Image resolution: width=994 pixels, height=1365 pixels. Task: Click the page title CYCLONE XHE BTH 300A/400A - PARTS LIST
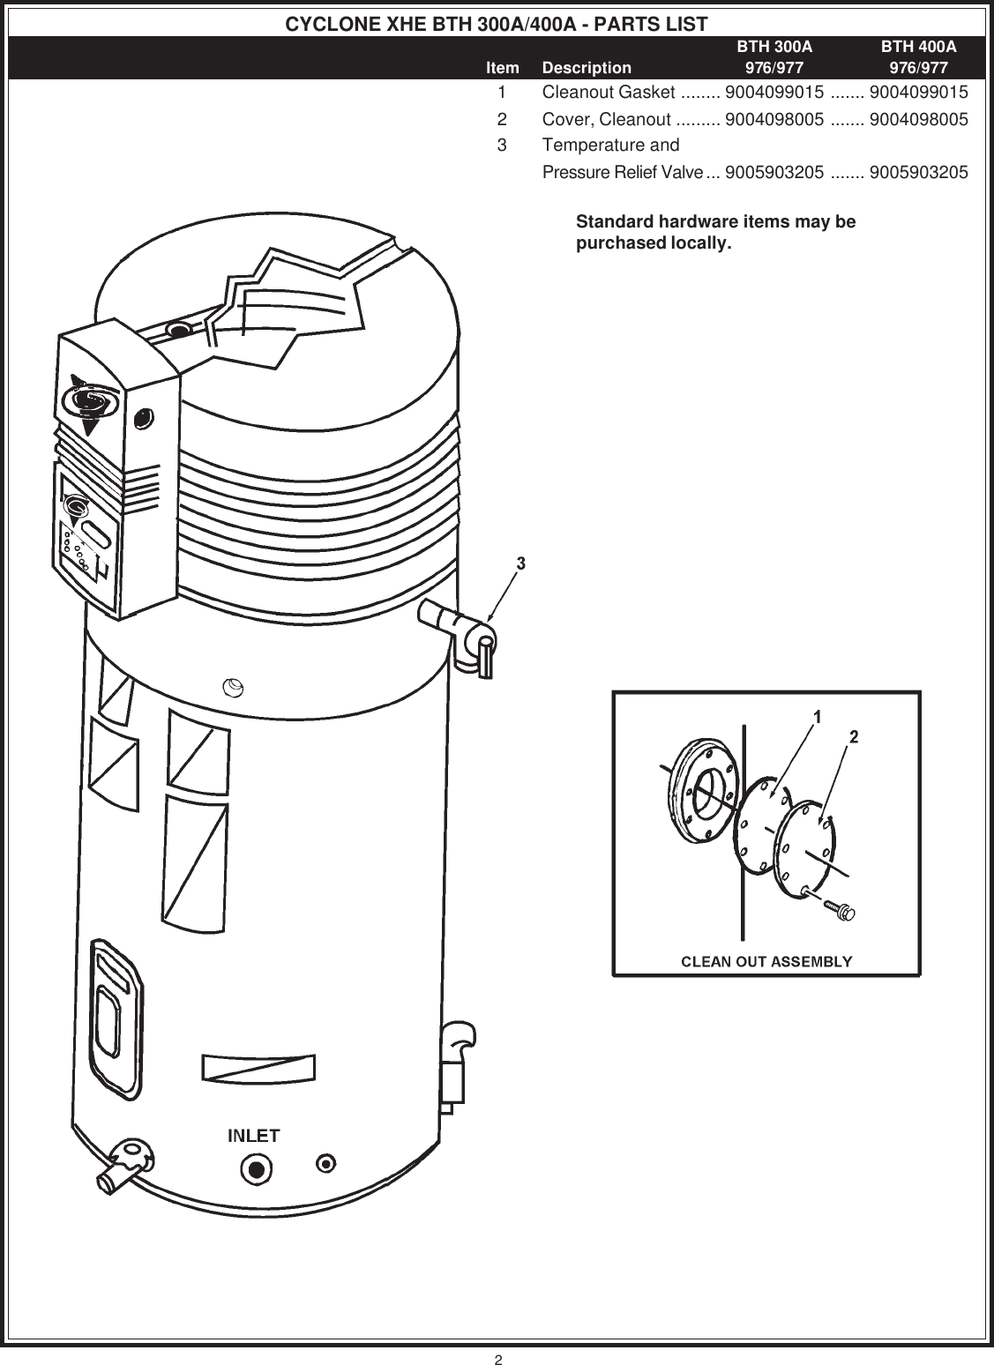tap(497, 24)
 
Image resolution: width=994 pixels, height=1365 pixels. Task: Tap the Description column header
tap(587, 68)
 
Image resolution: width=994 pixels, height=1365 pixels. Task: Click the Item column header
tap(503, 68)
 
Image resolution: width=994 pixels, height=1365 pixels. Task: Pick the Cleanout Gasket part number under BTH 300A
tap(774, 93)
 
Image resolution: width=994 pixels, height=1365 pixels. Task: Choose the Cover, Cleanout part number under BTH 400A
tap(918, 119)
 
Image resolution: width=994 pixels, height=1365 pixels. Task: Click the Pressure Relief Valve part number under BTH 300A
tap(774, 172)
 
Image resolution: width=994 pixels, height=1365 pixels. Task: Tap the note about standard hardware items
tap(715, 232)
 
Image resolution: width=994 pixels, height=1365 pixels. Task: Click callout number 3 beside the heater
tap(521, 563)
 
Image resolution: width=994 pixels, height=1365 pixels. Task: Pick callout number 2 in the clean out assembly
tap(854, 736)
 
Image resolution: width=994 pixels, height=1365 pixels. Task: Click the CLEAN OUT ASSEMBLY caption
tap(766, 960)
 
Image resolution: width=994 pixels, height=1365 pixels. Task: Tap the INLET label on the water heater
tap(254, 1135)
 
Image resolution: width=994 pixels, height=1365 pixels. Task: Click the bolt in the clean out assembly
tap(838, 909)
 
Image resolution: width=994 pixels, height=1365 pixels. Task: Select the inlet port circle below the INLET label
tap(256, 1169)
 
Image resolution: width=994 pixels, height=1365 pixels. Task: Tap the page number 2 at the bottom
tap(497, 1359)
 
